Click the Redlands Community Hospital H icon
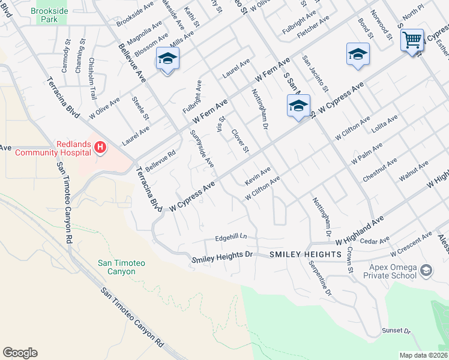100,146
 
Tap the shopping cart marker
412,41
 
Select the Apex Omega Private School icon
426,271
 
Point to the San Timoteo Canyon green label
117,267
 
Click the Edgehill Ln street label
231,238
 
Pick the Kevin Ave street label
258,176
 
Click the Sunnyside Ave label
202,148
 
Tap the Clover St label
240,140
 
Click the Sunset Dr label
397,331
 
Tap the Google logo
20,353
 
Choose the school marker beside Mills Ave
167,59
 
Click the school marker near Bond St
357,54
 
